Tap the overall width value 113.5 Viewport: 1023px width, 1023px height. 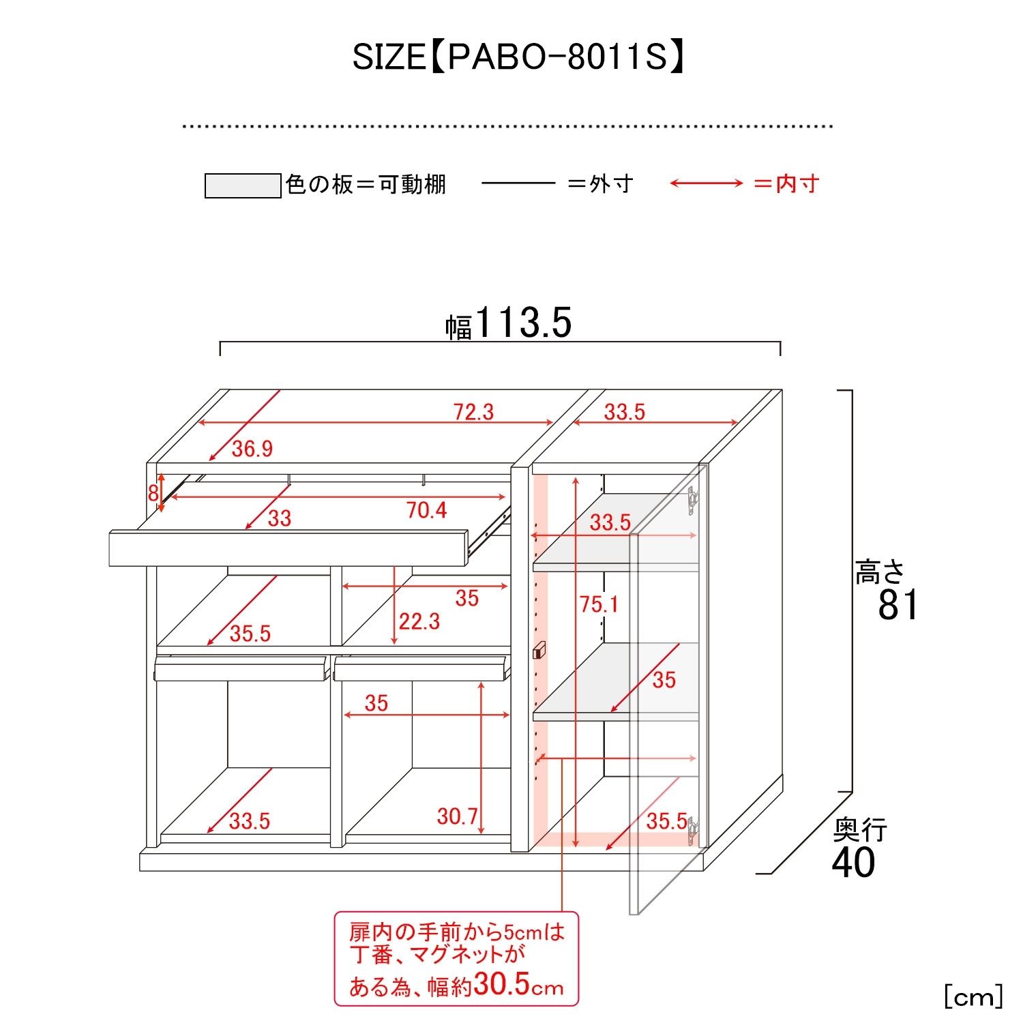pos(523,323)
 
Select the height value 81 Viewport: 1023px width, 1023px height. pos(898,604)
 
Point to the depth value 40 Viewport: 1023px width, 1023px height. pos(853,862)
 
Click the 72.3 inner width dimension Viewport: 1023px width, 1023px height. pos(473,412)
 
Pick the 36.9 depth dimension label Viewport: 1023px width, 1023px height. pos(252,449)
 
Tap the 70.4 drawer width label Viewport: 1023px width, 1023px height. pos(427,509)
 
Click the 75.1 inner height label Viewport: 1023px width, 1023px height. pos(599,604)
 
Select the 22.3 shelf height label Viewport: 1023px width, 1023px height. pos(419,621)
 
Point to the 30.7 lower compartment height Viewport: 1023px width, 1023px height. pos(457,816)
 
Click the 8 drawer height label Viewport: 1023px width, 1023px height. pos(153,493)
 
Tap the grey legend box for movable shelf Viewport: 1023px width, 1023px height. pos(243,186)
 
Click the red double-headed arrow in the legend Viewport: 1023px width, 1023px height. pos(706,183)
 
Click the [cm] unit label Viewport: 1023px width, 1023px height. pos(973,997)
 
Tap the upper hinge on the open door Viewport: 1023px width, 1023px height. pos(694,500)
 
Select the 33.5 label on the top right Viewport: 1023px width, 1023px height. pos(624,412)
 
